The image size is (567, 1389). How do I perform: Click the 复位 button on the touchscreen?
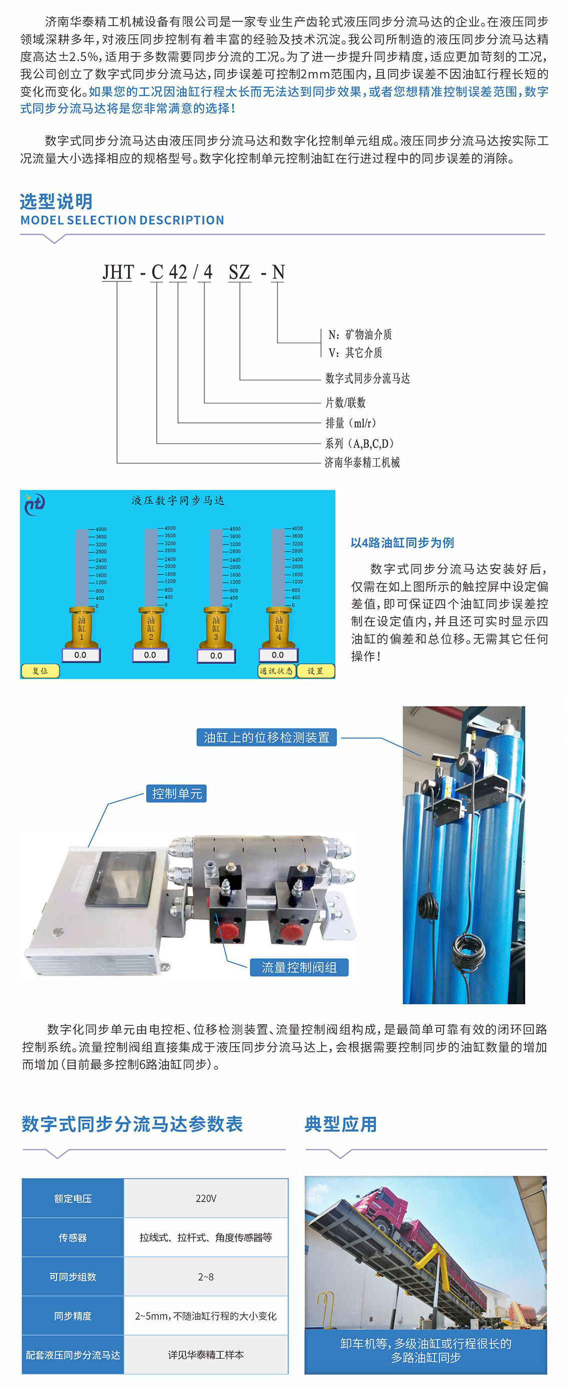40,671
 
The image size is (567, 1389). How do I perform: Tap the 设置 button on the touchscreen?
315,671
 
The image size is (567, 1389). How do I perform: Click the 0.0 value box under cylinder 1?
80,655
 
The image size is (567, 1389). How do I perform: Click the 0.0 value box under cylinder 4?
278,655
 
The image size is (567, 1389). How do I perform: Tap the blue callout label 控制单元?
177,793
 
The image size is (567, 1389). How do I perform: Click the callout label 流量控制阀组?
299,967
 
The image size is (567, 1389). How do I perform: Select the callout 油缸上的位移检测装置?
266,737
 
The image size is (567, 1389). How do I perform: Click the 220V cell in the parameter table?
206,1198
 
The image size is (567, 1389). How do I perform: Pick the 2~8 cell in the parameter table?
206,1276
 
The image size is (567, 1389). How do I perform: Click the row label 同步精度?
73,1316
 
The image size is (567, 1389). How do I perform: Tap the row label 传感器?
73,1238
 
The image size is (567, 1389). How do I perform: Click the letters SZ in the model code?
239,272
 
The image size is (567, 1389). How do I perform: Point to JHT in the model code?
118,272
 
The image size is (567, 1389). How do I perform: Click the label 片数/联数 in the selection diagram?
345,402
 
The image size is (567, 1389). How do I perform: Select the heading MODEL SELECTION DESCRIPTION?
122,220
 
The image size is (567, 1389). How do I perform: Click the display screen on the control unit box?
121,878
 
